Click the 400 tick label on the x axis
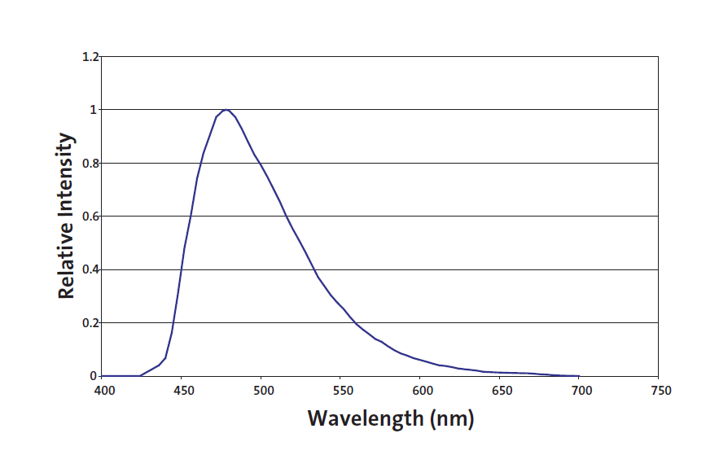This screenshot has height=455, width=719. coord(103,391)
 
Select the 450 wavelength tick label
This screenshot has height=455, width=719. coord(182,391)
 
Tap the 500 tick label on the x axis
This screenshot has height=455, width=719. coord(262,391)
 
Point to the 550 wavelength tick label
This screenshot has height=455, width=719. coord(342,391)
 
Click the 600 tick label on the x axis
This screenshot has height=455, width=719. coord(421,391)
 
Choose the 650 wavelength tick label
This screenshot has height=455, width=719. coord(501,391)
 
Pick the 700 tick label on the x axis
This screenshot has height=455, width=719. coord(581,391)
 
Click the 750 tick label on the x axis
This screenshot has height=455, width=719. coord(660,391)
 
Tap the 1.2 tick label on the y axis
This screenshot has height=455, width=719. coord(90,57)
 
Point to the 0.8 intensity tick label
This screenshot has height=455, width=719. coord(90,163)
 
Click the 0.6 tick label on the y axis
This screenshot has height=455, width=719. coord(90,217)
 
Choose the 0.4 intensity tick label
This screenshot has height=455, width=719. coord(90,269)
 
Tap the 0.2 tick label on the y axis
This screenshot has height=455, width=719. coord(90,323)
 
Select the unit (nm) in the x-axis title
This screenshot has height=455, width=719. coord(450,419)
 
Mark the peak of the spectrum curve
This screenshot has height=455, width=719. coord(226,109)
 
